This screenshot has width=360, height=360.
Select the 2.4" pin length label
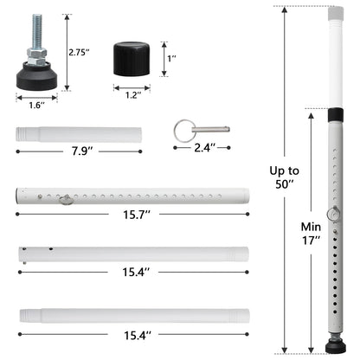(x=204, y=148)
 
